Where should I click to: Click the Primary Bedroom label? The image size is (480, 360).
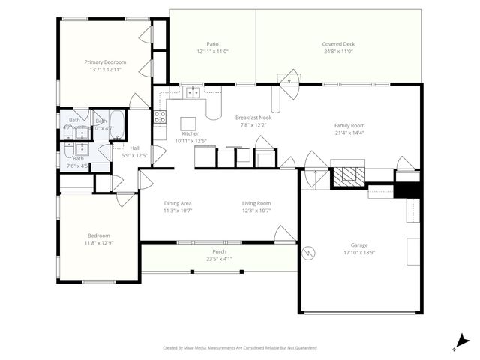[105, 61]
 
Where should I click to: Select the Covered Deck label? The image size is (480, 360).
[338, 44]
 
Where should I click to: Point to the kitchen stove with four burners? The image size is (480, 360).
[160, 116]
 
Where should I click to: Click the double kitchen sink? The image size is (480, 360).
[193, 92]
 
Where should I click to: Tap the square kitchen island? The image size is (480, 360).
[188, 123]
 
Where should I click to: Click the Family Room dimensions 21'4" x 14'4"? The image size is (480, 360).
[349, 133]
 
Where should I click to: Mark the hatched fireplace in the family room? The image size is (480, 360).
[348, 175]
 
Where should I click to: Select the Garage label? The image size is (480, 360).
[359, 244]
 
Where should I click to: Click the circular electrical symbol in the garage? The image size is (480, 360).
[307, 253]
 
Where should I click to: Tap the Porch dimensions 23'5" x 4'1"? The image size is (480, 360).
[219, 259]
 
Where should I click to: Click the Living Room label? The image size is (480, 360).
[256, 203]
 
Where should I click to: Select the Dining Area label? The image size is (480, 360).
[178, 203]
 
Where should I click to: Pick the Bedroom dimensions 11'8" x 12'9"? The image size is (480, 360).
[99, 243]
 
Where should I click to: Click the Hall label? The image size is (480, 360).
[134, 148]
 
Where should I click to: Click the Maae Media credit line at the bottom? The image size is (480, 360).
[240, 348]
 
